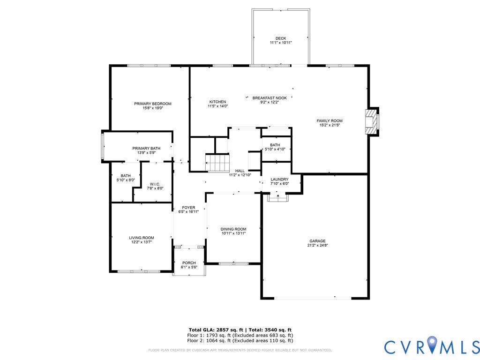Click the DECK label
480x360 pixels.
[x=281, y=38]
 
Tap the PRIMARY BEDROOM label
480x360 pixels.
[x=152, y=104]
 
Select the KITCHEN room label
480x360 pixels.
[x=217, y=102]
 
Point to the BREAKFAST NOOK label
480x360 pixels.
[x=270, y=98]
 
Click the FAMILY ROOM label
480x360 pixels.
[x=330, y=121]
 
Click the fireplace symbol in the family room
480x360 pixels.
[x=372, y=122]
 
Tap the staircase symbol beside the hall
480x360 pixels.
[x=217, y=164]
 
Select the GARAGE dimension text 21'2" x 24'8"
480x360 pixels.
[x=317, y=245]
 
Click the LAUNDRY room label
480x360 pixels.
[x=279, y=179]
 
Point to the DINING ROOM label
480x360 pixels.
[x=233, y=229]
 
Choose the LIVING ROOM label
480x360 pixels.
[x=142, y=238]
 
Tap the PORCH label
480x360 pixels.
[x=189, y=262]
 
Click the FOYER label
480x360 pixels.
[x=188, y=208]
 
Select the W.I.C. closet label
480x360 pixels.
[x=155, y=184]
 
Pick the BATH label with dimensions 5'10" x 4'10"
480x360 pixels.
[x=275, y=145]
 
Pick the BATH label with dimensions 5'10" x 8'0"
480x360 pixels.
[x=126, y=176]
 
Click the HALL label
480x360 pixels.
[x=240, y=171]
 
